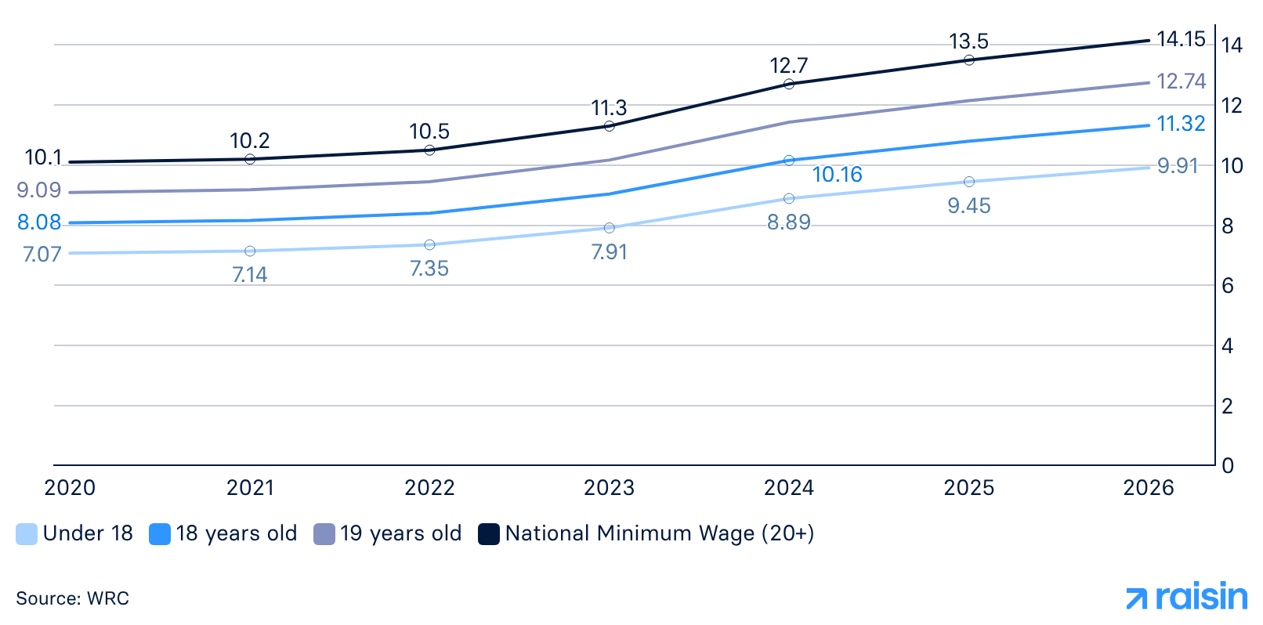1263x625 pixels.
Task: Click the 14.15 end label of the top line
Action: pos(1180,39)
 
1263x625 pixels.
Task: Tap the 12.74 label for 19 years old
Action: pos(1181,81)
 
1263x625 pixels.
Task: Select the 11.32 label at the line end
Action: pos(1181,124)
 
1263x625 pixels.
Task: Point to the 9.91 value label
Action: pos(1178,166)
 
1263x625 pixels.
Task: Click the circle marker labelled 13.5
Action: pos(969,60)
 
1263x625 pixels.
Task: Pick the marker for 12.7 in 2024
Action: pos(789,84)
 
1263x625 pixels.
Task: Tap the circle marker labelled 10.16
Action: pos(789,161)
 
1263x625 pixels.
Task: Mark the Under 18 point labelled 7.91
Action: pos(610,228)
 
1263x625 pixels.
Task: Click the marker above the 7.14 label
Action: pos(250,251)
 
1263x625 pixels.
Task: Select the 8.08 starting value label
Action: pos(39,222)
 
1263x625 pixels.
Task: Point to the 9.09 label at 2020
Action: pos(38,190)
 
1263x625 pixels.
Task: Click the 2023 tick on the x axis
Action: pos(609,488)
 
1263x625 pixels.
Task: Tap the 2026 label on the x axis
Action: pos(1148,488)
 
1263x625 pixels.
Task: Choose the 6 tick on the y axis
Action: pos(1228,286)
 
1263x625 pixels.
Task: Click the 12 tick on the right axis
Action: pos(1231,105)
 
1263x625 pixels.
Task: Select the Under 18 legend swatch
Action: pos(27,534)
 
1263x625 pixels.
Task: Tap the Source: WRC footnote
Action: pos(72,598)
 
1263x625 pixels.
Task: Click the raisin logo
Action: pos(1186,598)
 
